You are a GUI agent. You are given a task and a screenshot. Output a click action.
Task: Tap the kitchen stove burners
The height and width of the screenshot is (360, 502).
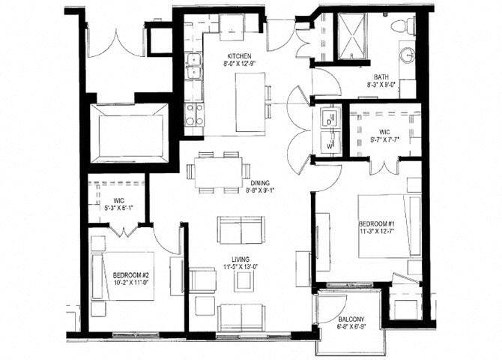tap(194, 114)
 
